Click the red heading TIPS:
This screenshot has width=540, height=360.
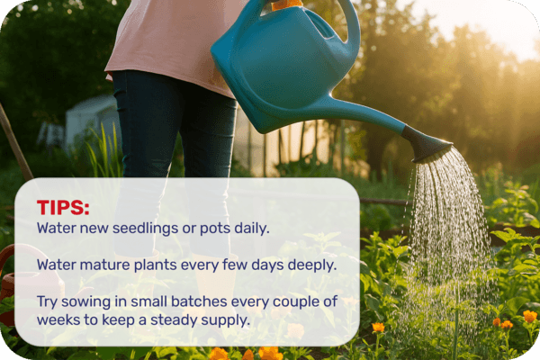click(63, 208)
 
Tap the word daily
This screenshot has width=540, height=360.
click(248, 229)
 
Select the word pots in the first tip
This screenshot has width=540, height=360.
click(211, 229)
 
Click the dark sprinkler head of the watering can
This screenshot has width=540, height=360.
click(425, 143)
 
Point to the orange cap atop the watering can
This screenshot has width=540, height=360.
click(286, 4)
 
